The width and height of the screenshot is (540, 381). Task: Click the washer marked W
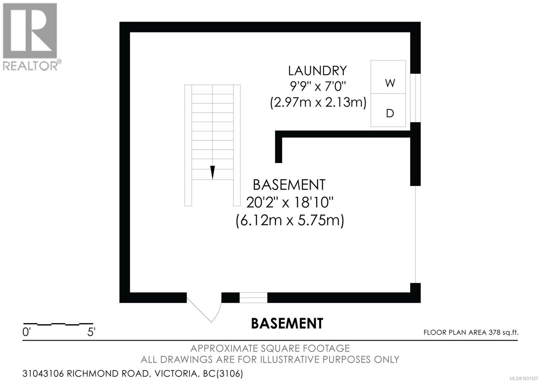(x=388, y=78)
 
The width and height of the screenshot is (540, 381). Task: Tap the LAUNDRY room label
(x=317, y=71)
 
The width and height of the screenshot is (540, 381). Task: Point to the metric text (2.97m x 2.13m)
(x=318, y=102)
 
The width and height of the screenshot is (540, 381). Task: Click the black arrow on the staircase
(x=212, y=172)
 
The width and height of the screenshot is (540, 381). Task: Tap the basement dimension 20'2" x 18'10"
(x=290, y=203)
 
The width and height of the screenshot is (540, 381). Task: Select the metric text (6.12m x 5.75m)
(x=290, y=221)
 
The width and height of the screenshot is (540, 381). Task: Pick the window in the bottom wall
(x=253, y=298)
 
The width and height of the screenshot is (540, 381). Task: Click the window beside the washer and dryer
(x=415, y=98)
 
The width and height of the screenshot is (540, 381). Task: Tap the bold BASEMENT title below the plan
(x=287, y=323)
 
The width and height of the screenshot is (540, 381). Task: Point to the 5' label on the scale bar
(x=91, y=332)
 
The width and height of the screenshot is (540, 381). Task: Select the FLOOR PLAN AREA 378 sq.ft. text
(x=471, y=332)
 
